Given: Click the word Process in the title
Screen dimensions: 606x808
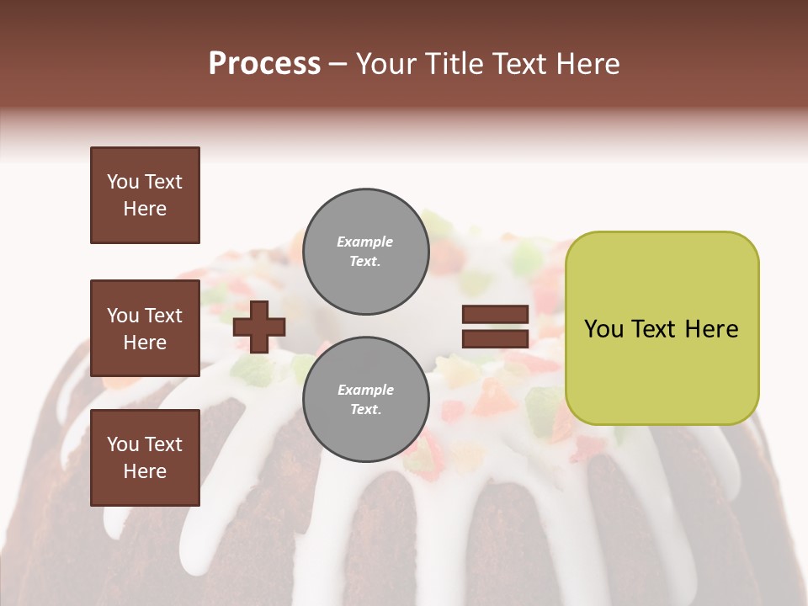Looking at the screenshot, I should coord(264,64).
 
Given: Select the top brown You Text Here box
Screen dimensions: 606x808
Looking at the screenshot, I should coord(145,195).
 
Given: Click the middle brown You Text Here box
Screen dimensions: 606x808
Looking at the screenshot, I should coord(145,328).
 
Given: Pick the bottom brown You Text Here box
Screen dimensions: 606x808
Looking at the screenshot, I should coord(145,458).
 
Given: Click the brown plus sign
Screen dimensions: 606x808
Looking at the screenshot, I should coord(259,327).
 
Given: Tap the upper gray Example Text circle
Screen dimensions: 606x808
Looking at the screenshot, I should coord(366,252).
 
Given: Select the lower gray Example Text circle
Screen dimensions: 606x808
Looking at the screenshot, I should coord(366,400).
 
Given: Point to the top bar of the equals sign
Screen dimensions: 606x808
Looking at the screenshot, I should coord(495,315).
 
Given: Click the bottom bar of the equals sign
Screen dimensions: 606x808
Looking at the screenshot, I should coord(495,338).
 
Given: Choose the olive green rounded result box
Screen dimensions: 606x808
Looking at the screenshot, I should coord(662,328).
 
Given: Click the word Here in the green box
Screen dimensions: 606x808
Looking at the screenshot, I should coord(711,329).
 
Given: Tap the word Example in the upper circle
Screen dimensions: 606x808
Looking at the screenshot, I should coord(365,242).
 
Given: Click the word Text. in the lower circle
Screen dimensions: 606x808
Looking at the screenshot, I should coord(365,410).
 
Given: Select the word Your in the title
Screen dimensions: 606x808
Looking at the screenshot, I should coord(383,64).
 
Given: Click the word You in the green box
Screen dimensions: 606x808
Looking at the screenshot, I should coord(603,329).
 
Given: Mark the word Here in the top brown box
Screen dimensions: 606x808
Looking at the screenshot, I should coord(145,209).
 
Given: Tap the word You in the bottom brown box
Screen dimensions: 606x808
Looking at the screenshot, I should coord(123,444).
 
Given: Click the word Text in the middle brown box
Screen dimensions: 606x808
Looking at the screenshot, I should coord(162,316).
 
